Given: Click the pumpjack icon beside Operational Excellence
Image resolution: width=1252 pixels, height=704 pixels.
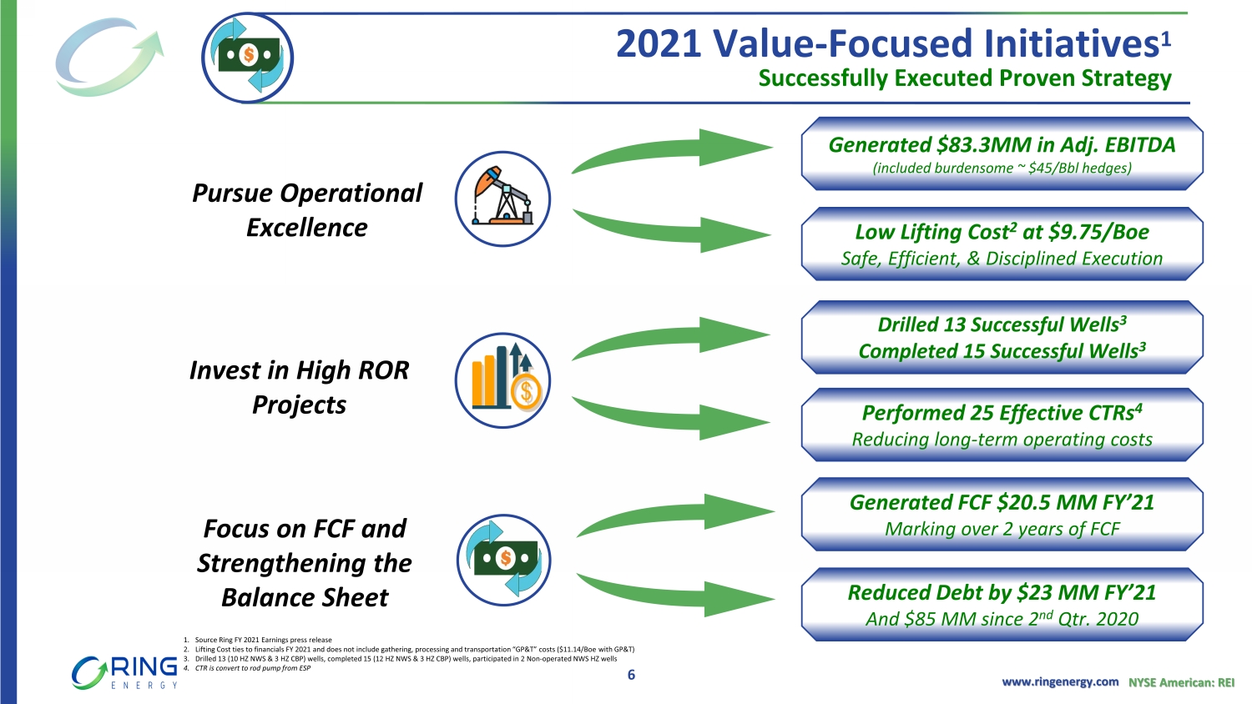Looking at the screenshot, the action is (x=502, y=199).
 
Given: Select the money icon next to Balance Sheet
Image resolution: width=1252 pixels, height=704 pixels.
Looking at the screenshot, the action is (x=503, y=560).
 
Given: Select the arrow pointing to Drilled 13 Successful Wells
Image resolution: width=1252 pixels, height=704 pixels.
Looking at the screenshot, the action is (x=671, y=338).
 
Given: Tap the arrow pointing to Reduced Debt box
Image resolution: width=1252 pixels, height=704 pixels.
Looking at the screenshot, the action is (x=675, y=595).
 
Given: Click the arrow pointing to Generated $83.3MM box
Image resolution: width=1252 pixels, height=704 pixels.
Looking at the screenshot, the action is (x=672, y=150).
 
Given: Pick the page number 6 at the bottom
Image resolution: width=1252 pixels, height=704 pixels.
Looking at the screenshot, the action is (x=631, y=675).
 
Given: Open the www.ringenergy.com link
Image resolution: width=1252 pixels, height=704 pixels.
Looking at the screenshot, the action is (x=1060, y=681).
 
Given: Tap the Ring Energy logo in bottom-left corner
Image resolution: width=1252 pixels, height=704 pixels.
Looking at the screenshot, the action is (x=124, y=672).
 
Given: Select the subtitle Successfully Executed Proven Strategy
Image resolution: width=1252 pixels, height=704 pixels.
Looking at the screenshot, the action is (x=965, y=78).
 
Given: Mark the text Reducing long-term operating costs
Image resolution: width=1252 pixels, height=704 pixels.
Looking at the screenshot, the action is (x=1002, y=440).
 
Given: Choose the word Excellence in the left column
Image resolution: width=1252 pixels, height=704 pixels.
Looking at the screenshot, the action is (x=307, y=228).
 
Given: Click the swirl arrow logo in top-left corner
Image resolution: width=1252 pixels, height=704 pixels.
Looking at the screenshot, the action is (x=109, y=57).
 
